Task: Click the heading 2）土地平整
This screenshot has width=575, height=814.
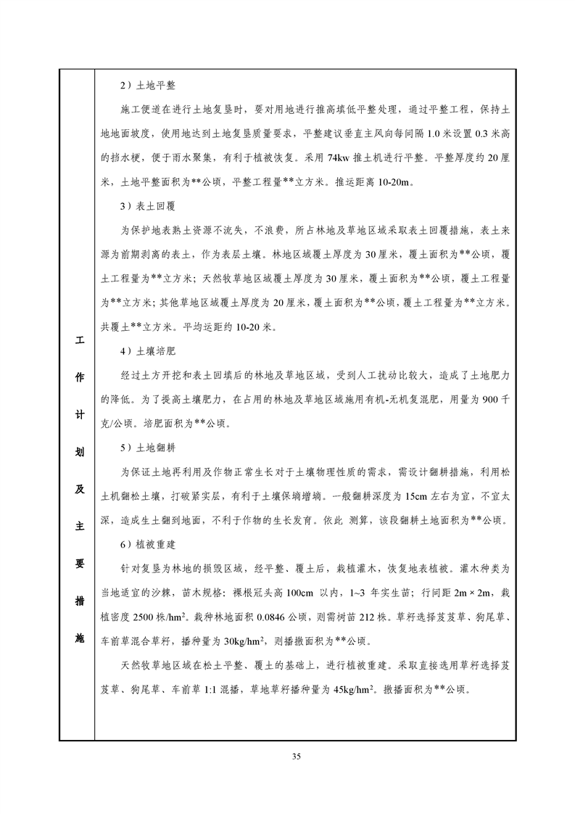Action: point(147,85)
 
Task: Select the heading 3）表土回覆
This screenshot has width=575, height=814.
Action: point(147,205)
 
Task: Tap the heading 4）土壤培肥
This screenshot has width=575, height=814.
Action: point(147,351)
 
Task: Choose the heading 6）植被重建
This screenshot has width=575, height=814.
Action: point(147,543)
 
